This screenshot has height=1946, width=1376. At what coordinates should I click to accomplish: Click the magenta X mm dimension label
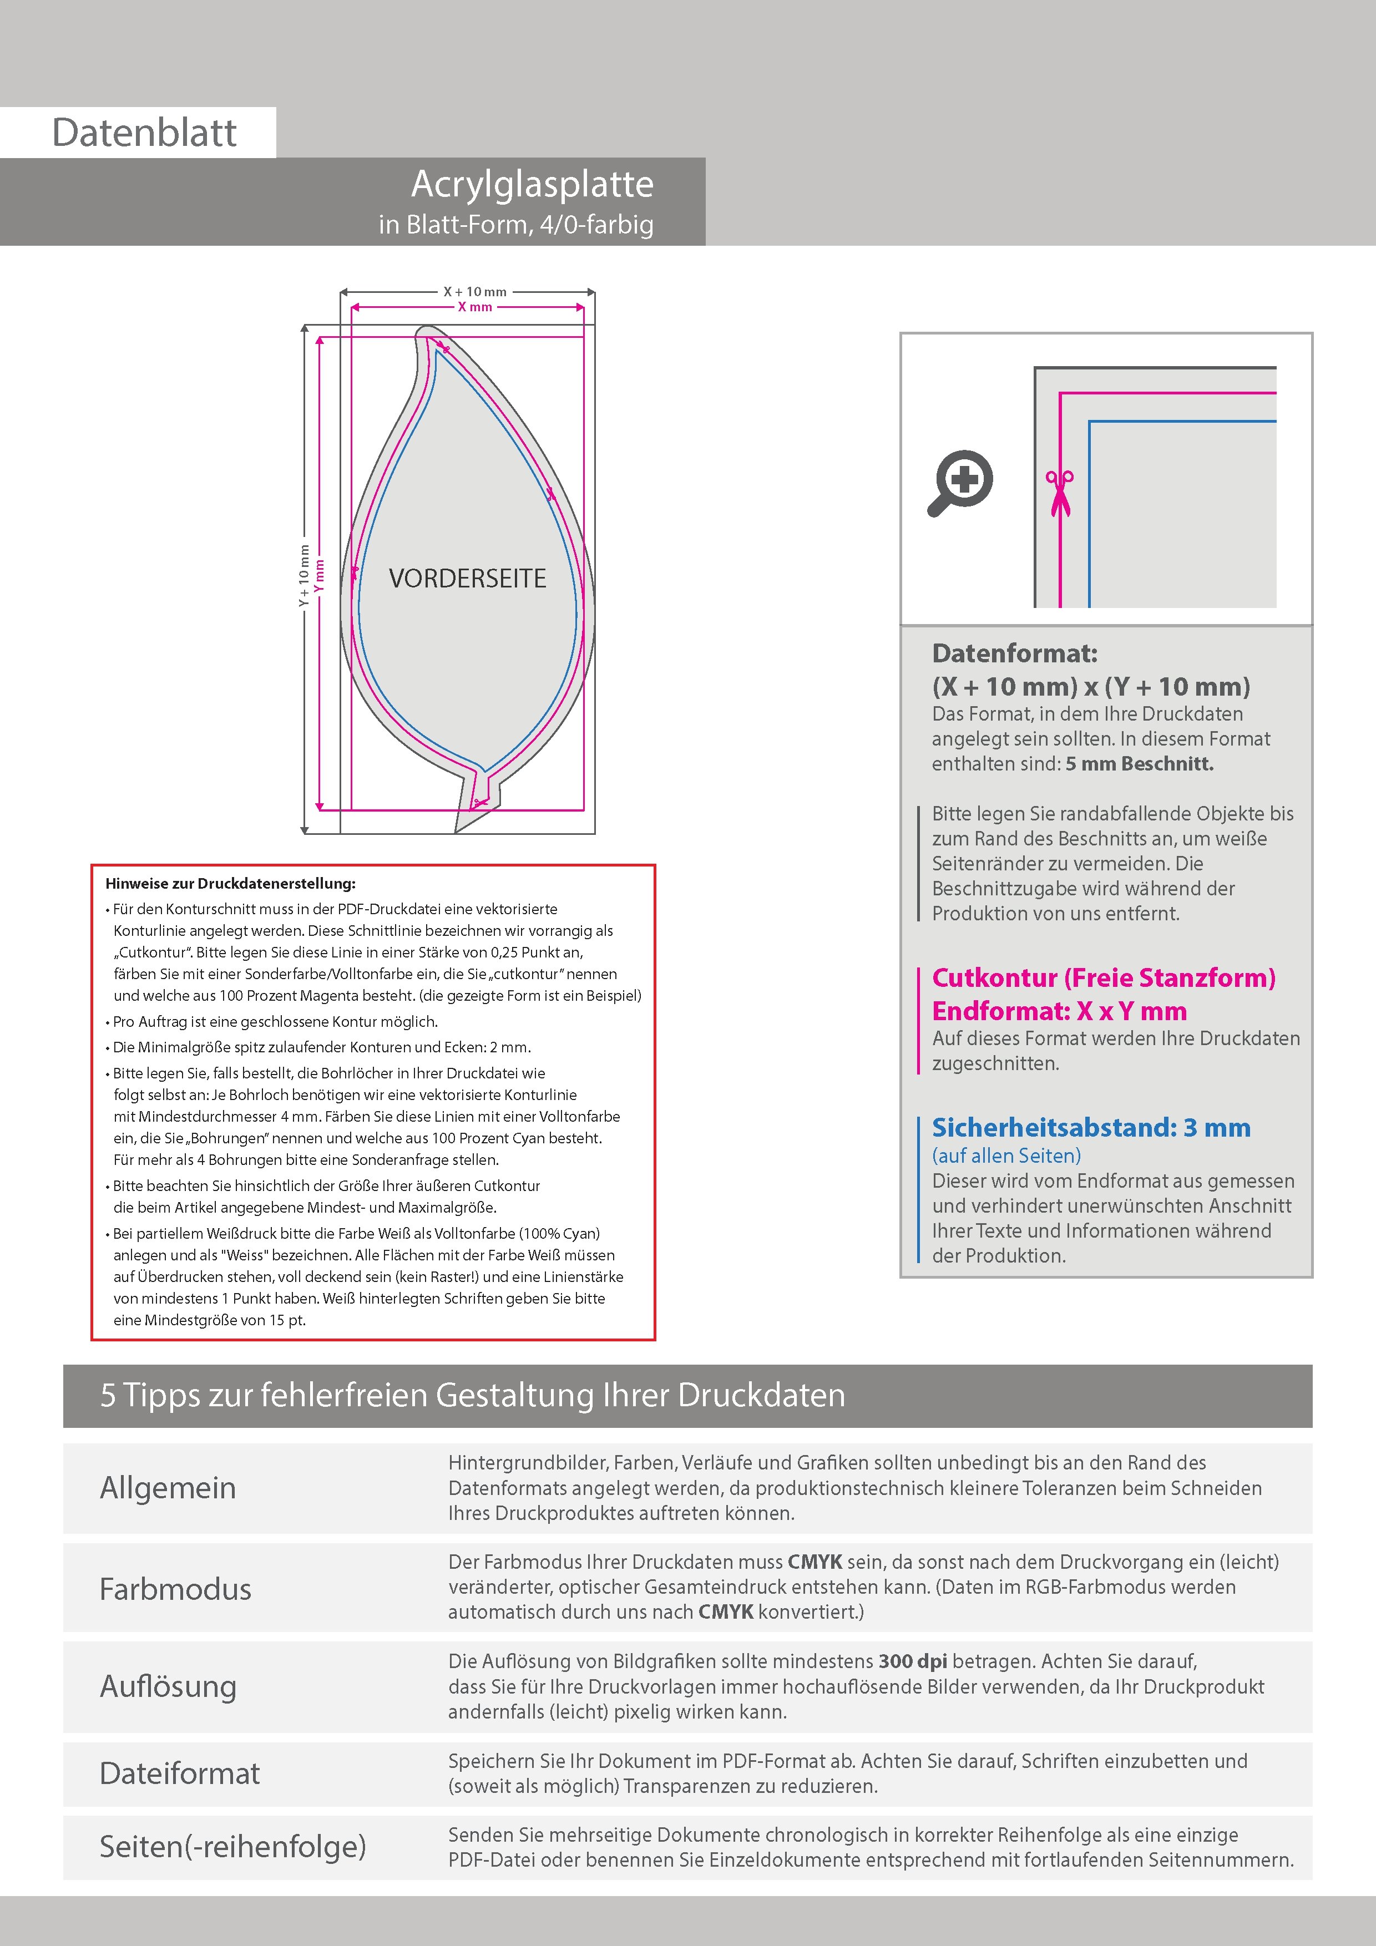475,307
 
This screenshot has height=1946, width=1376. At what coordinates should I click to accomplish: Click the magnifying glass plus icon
960,482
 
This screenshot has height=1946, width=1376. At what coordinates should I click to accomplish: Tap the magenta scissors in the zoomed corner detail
1059,493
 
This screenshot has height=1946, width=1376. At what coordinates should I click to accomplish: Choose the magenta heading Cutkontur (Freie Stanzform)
1103,977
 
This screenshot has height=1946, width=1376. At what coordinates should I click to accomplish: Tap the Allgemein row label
168,1487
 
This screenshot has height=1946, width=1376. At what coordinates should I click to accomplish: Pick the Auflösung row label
168,1686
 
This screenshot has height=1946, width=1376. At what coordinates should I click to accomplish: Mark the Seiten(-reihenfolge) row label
232,1846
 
